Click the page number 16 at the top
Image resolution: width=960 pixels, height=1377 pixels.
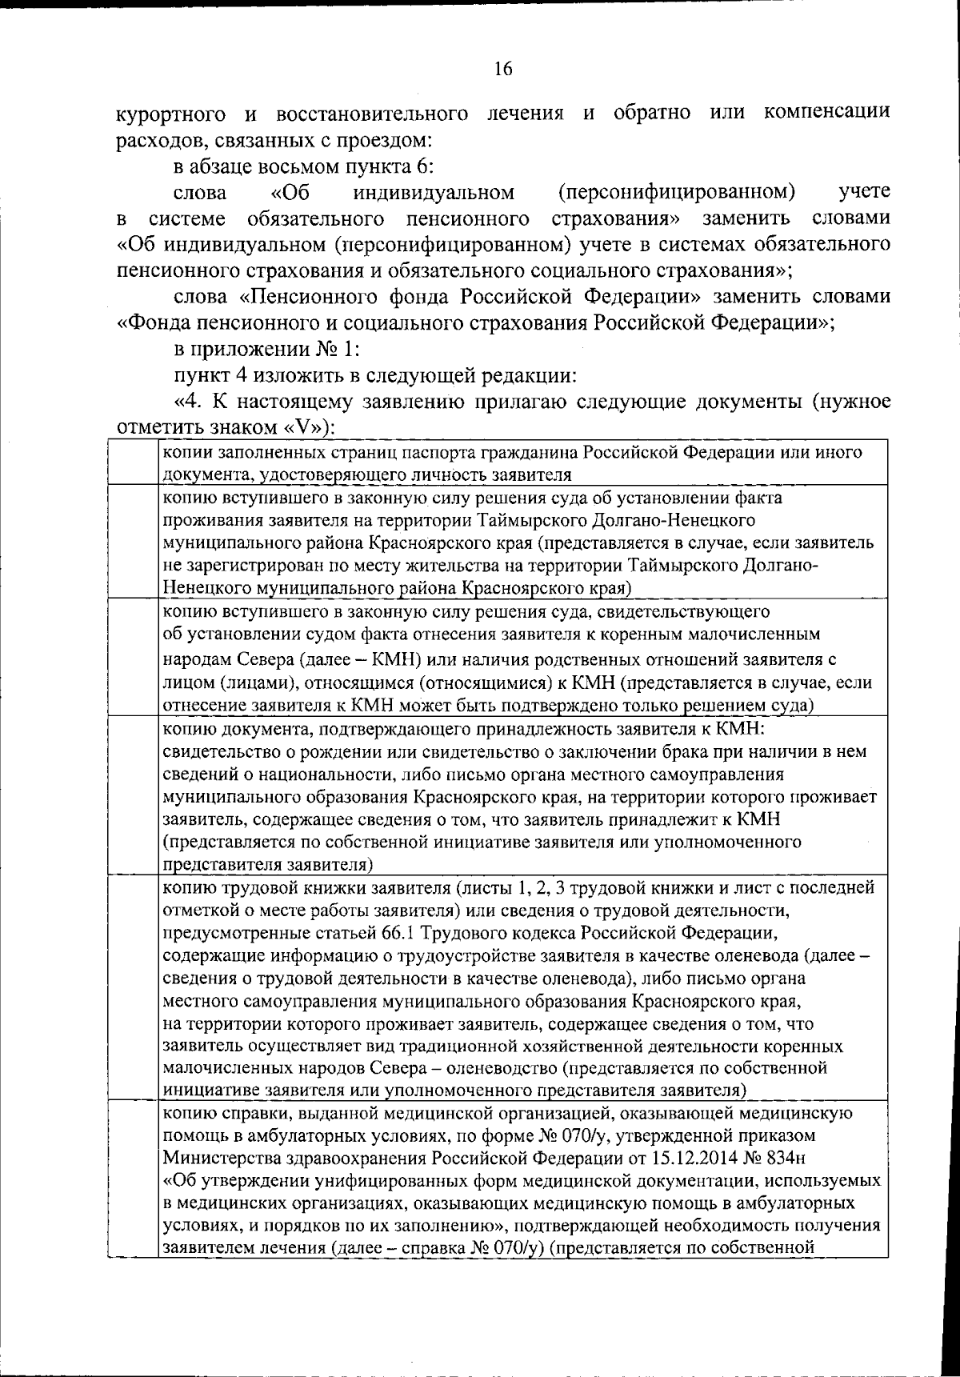click(x=502, y=69)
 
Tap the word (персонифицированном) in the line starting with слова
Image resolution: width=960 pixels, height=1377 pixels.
click(x=676, y=193)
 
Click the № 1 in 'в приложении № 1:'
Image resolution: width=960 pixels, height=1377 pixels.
click(x=336, y=350)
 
